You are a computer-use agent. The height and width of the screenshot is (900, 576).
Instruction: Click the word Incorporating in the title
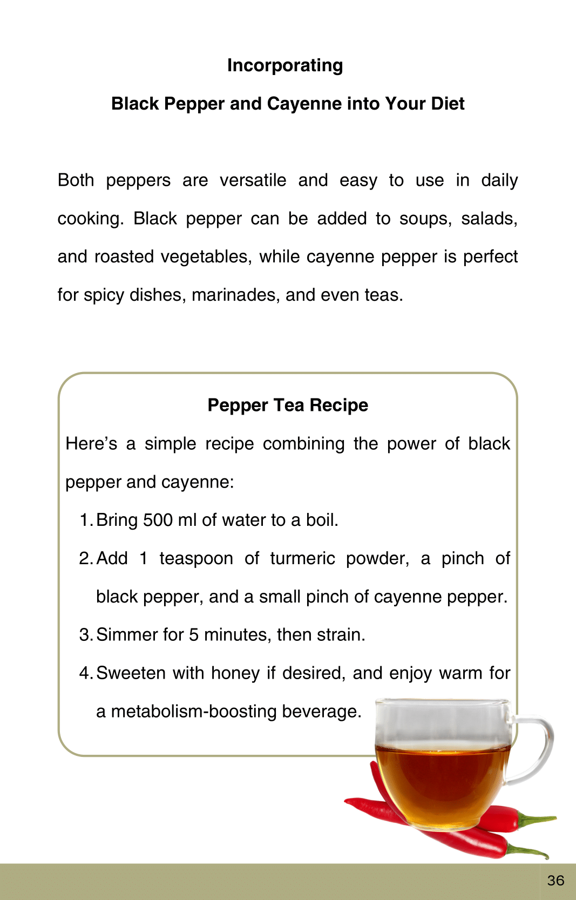(x=285, y=65)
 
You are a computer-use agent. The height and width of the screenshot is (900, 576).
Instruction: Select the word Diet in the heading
(x=448, y=104)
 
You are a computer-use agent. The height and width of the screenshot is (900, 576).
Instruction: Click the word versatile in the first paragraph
(x=253, y=180)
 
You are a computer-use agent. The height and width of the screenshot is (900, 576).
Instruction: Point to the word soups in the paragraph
(x=424, y=219)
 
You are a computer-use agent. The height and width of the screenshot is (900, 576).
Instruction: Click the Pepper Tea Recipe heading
(x=288, y=405)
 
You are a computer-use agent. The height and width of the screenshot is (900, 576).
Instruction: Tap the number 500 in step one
(x=158, y=520)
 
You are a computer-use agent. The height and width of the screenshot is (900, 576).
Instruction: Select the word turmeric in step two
(x=302, y=559)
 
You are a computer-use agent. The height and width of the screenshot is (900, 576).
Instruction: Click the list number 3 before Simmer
(x=85, y=635)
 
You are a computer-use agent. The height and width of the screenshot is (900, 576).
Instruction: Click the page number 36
(x=555, y=881)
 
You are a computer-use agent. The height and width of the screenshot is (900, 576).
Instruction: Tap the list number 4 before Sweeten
(x=85, y=673)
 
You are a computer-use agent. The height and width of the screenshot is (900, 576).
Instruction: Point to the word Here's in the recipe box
(x=91, y=444)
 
